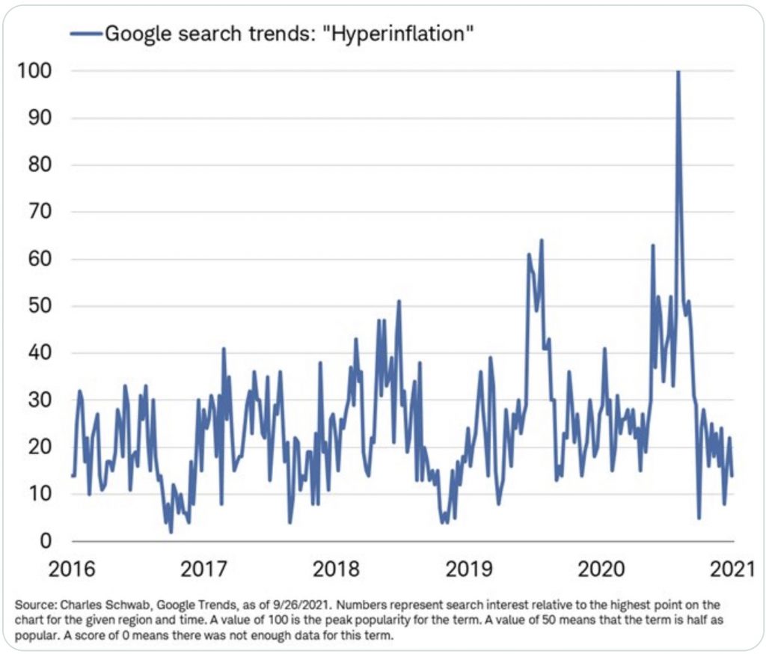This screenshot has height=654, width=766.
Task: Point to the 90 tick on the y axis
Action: point(38,118)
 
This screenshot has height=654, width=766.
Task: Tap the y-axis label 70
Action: point(38,213)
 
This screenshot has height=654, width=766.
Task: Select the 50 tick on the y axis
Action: point(38,306)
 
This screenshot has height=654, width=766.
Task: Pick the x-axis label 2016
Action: point(72,569)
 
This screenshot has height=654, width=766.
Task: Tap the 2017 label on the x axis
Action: point(204,569)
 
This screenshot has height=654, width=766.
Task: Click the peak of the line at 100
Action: point(678,72)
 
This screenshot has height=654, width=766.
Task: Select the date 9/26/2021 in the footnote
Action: point(269,602)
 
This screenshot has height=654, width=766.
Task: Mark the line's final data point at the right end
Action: point(732,475)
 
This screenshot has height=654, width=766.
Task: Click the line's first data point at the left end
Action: point(73,475)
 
